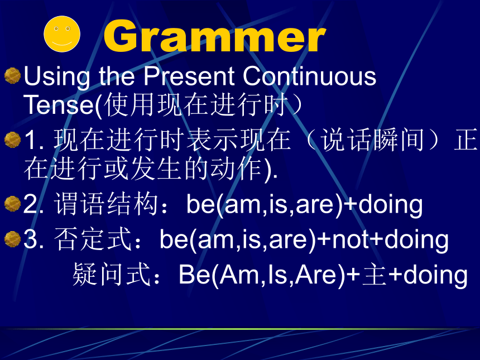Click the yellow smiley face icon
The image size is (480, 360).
(62, 34)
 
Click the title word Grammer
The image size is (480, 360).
(214, 36)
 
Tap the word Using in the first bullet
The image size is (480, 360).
(57, 77)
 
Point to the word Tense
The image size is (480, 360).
(58, 104)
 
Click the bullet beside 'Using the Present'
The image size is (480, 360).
(12, 75)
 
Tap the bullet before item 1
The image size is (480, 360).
(12, 140)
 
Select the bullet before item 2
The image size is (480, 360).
(12, 204)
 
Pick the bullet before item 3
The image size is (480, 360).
(12, 239)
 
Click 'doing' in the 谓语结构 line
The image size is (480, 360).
(391, 205)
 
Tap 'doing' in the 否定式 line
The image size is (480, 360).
(416, 240)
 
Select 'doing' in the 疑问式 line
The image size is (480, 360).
(435, 275)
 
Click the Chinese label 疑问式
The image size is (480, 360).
(112, 274)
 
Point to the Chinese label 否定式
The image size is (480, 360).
(93, 239)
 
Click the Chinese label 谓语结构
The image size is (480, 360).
(105, 204)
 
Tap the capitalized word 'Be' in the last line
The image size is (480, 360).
(194, 275)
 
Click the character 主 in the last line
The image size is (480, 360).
(374, 275)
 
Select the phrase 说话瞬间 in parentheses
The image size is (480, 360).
(372, 140)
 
